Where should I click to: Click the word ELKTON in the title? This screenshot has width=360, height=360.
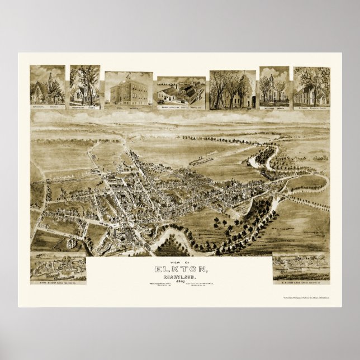click(179, 270)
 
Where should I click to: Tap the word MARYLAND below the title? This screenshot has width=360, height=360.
click(180, 277)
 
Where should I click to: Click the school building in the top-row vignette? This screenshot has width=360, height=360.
click(128, 88)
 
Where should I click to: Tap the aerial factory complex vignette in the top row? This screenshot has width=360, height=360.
click(181, 90)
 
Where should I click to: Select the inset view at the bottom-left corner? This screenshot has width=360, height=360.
click(58, 266)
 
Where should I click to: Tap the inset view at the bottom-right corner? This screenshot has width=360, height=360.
click(301, 266)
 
